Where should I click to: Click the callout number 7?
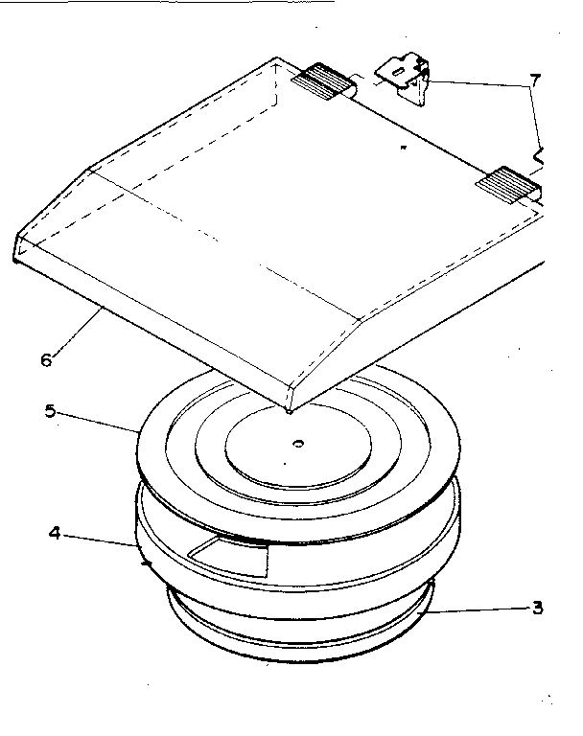click(x=535, y=79)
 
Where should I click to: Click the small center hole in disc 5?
click(x=298, y=444)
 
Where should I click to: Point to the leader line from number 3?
click(x=479, y=606)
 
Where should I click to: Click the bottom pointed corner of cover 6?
click(x=289, y=406)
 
